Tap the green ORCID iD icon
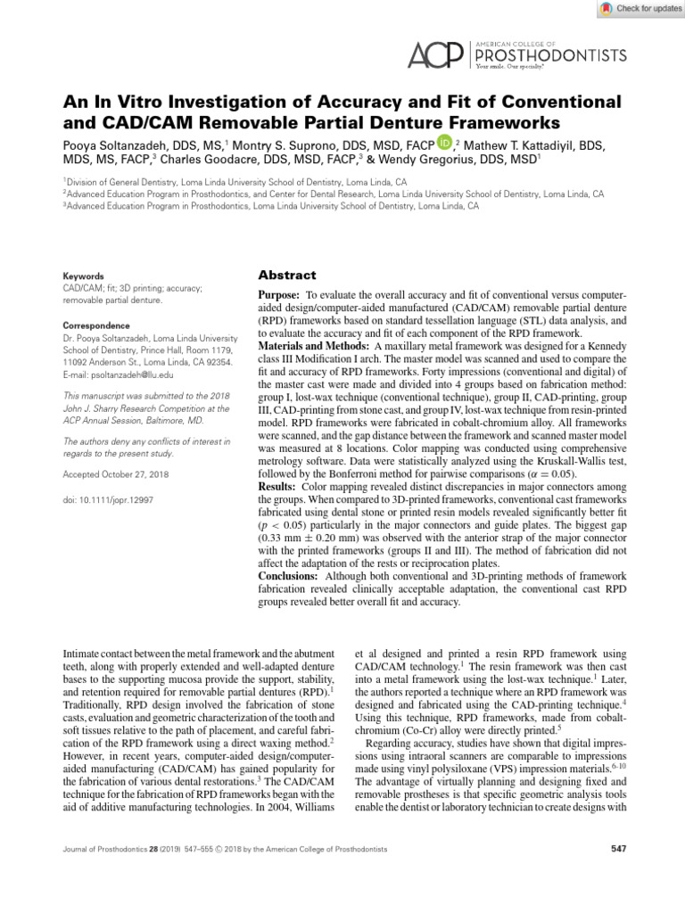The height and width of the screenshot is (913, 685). pyautogui.click(x=444, y=143)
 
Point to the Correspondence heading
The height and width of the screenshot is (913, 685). pyautogui.click(x=96, y=326)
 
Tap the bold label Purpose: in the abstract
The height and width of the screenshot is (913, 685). pyautogui.click(x=279, y=294)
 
